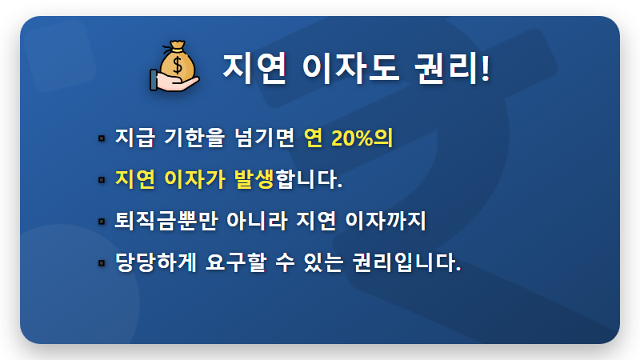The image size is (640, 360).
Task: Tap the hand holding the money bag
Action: coord(170,81)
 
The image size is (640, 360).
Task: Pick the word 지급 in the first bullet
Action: coord(134,138)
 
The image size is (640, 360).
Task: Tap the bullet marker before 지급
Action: coord(102,138)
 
